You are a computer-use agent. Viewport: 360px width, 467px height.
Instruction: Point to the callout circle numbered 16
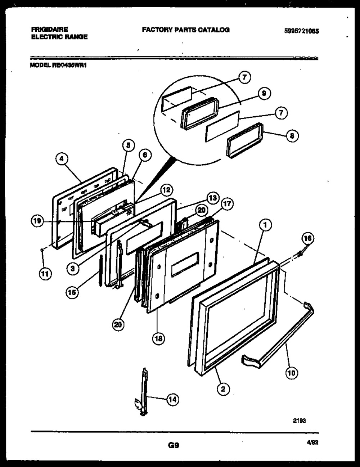click(x=307, y=238)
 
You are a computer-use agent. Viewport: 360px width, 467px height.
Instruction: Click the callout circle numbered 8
click(x=292, y=136)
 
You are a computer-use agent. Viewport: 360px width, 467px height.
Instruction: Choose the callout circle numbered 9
click(x=264, y=94)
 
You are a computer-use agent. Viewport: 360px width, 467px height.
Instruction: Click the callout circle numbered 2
click(x=223, y=389)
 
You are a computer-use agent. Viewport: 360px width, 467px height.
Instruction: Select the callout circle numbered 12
click(x=167, y=190)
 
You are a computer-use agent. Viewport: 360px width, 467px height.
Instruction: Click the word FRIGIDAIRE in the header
click(x=45, y=30)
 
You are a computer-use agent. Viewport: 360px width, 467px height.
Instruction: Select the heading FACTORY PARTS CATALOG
click(x=185, y=30)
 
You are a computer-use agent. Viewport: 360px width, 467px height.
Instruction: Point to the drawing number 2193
click(x=300, y=420)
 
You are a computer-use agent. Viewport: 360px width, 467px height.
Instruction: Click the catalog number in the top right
click(x=301, y=31)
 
